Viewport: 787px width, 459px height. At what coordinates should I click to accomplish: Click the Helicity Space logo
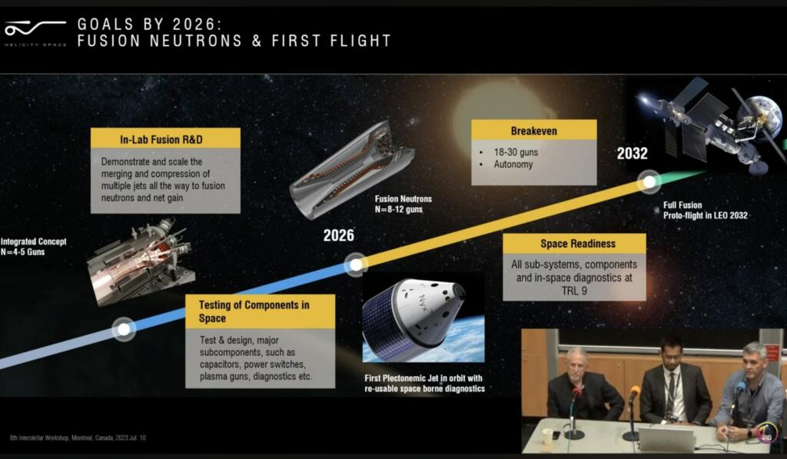pos(35,33)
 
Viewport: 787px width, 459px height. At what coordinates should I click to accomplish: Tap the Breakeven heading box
pos(533,131)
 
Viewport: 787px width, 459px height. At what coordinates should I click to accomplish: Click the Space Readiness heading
pos(574,244)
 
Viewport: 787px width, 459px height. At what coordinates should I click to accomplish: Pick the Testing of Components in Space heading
pos(261,311)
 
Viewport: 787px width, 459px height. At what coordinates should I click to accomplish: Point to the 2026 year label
pos(338,235)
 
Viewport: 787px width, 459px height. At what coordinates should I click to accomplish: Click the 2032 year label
pos(632,154)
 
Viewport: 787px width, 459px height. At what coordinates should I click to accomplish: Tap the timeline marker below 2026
pos(355,264)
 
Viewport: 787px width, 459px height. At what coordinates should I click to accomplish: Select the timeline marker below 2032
pos(649,182)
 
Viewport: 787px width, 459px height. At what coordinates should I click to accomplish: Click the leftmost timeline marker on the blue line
pos(123,329)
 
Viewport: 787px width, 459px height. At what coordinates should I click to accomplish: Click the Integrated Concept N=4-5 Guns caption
pos(34,246)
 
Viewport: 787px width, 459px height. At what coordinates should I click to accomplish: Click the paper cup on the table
pos(547,437)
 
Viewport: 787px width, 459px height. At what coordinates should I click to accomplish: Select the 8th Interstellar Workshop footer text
pos(78,437)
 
